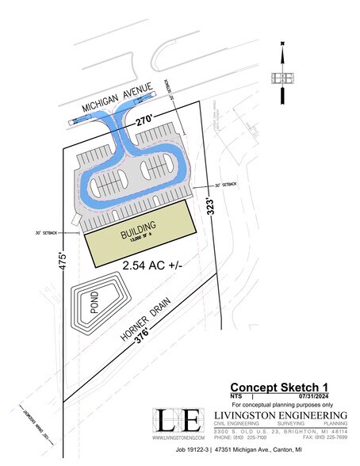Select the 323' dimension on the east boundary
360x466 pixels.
(x=213, y=209)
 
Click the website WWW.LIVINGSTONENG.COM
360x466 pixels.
(x=179, y=438)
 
